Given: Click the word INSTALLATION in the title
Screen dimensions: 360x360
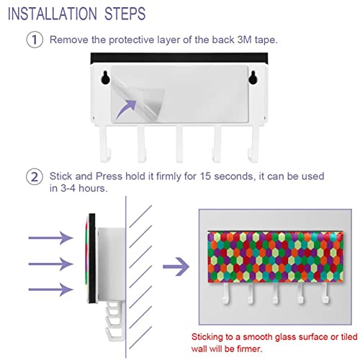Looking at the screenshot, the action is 53,14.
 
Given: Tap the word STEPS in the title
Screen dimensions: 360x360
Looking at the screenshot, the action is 125,14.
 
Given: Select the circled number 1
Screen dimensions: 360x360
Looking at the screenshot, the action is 35,40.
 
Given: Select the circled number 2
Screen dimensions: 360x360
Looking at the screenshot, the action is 35,176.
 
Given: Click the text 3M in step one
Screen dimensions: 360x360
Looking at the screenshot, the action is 244,40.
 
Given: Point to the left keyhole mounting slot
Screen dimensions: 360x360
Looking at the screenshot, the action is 105,77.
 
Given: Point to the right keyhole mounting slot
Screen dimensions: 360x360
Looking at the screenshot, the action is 253,77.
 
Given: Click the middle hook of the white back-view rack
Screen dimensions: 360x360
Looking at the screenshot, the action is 179,143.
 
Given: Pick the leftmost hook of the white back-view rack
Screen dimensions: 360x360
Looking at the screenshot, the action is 105,143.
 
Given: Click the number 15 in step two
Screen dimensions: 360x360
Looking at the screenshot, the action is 205,176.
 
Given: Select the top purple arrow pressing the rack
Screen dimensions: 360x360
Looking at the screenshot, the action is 50,238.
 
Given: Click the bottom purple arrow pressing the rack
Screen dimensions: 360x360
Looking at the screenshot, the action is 50,289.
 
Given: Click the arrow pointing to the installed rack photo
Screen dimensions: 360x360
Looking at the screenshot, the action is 176,266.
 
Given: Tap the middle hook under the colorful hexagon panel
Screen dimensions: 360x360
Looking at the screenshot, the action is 276,293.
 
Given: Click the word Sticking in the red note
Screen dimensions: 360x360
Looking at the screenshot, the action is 207,337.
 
